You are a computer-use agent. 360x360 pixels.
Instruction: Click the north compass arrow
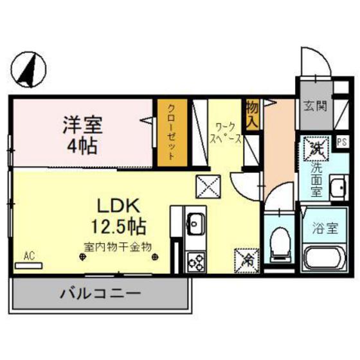tap(30, 69)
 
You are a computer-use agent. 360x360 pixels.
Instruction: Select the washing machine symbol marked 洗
tap(316, 150)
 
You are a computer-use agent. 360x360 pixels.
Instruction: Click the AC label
tap(28, 256)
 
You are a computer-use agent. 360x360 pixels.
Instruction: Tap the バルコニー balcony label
tap(100, 296)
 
